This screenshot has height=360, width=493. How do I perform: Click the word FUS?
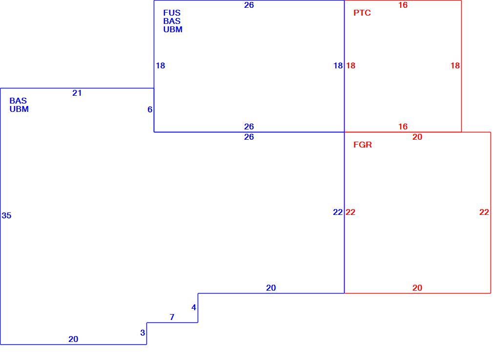[172, 13]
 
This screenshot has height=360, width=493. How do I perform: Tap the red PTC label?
[362, 13]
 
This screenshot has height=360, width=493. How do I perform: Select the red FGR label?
[363, 145]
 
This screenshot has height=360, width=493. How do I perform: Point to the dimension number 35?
[7, 215]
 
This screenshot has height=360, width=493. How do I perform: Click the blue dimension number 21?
[77, 93]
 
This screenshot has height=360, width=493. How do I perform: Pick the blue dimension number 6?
[150, 109]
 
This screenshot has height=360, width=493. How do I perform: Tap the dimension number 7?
[172, 317]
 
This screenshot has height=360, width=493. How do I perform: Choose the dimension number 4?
[194, 307]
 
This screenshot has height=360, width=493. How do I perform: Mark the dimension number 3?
[143, 333]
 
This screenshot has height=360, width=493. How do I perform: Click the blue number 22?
[338, 212]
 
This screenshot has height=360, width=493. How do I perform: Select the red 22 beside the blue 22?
[350, 212]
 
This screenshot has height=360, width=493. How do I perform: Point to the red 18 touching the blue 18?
[350, 66]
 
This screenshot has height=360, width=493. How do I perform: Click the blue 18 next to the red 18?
[338, 66]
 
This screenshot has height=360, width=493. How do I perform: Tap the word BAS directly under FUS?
[172, 21]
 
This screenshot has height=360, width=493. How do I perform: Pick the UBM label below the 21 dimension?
[19, 109]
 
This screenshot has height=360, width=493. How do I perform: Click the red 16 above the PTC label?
[403, 5]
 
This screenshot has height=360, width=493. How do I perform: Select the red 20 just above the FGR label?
[417, 137]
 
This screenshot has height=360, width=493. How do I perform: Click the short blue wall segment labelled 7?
[172, 322]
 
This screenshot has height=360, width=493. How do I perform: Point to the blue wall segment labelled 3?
[147, 334]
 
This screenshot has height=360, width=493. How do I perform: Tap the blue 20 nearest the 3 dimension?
[73, 339]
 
